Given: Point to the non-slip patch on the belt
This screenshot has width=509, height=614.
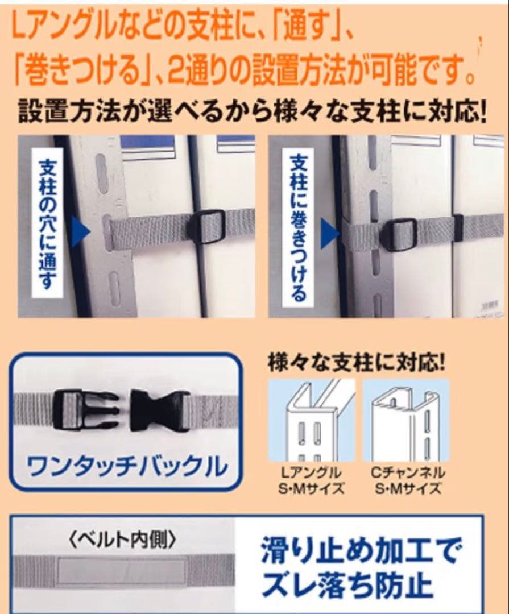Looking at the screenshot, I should [x=122, y=570].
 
